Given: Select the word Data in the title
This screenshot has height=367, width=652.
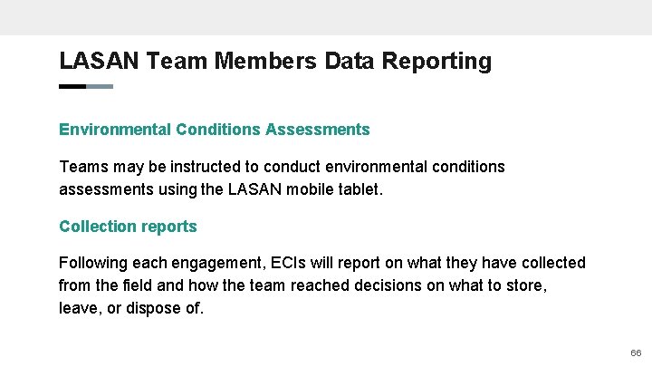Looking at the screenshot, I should (347, 62).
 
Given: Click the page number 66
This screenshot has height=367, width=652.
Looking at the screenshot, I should (635, 352).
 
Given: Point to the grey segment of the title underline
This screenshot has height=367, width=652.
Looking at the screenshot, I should (100, 87).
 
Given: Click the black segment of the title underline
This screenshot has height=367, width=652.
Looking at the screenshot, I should (72, 87).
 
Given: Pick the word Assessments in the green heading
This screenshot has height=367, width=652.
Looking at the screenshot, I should (318, 130).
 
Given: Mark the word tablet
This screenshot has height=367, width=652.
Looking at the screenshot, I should (361, 189).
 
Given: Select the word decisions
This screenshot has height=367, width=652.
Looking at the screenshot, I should (372, 285).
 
